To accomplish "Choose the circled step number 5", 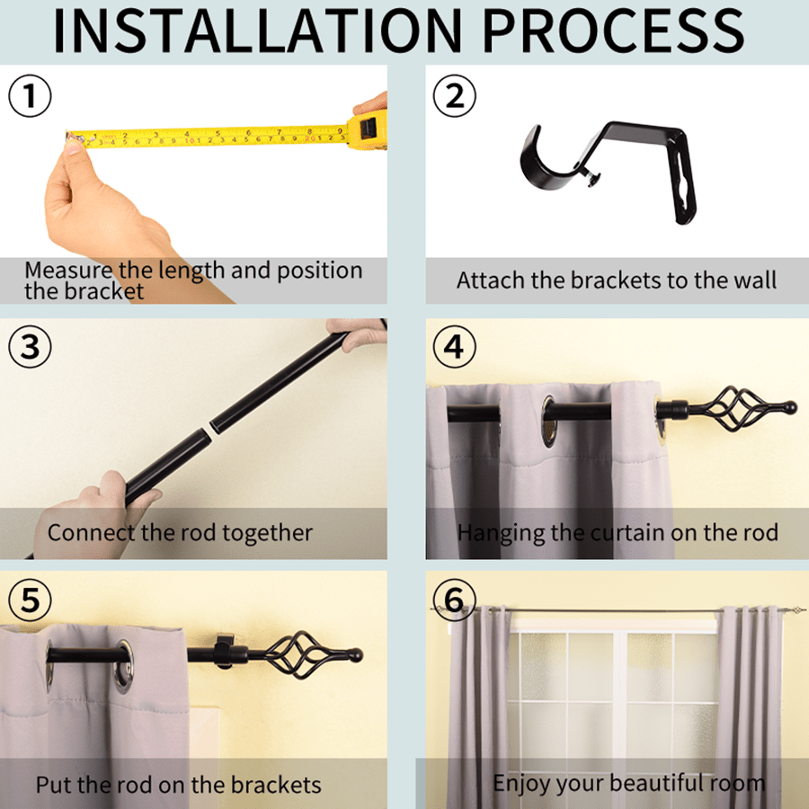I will tap(30, 600).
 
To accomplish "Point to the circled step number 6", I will tap(455, 600).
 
